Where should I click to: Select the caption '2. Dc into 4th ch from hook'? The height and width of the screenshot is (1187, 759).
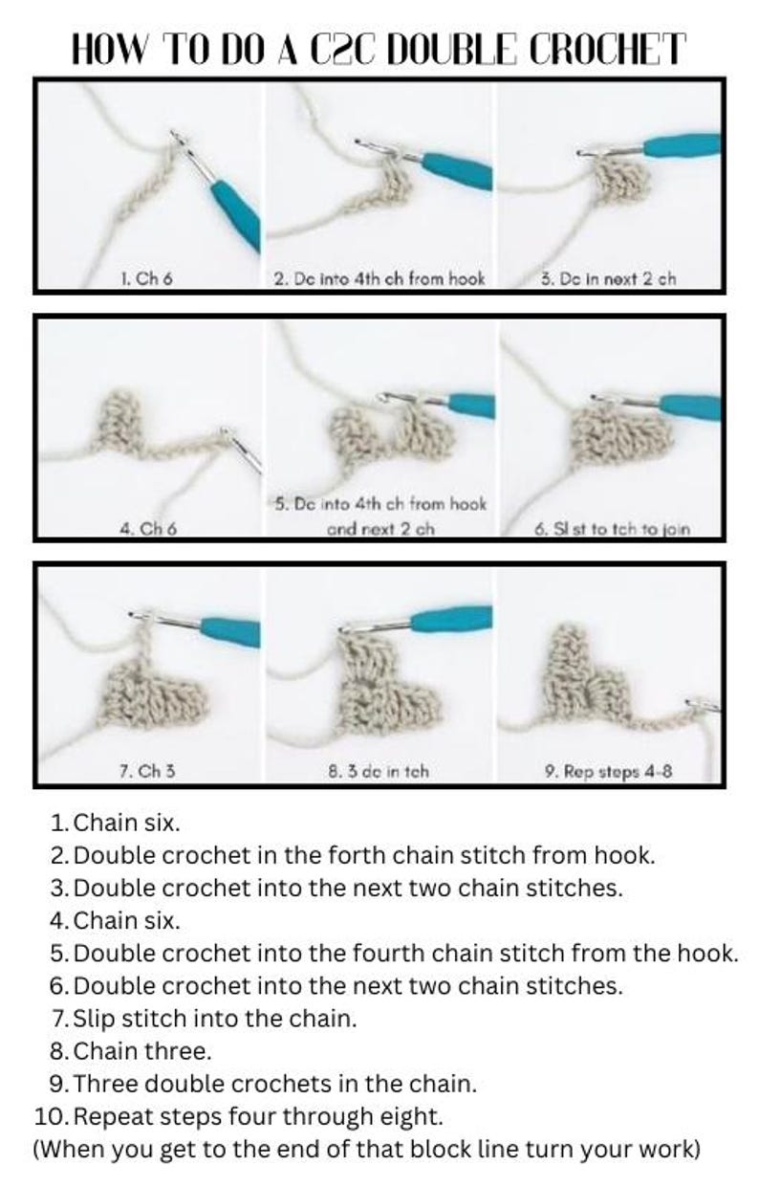tap(379, 279)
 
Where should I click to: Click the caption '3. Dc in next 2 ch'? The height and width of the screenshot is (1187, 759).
tap(607, 279)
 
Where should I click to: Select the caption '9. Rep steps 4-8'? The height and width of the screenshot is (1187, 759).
tap(608, 771)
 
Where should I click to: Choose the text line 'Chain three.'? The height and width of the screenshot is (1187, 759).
tap(142, 1051)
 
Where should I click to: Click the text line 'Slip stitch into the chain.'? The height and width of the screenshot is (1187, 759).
tap(215, 1019)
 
